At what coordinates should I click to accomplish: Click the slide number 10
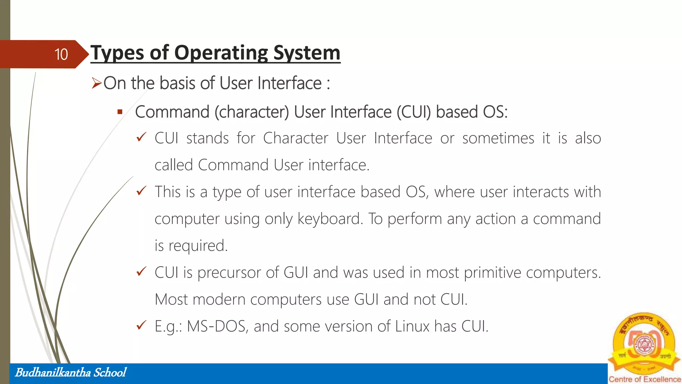coord(61,54)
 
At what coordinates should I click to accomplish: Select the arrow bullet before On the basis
coord(97,83)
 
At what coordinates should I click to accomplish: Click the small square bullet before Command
coord(120,112)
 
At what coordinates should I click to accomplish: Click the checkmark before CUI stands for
coord(142,137)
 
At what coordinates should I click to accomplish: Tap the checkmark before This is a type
coord(142,191)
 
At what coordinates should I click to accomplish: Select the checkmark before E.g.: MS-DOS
coord(142,325)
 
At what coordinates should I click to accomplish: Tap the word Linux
coord(412,326)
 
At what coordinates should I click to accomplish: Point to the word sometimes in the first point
coord(498,138)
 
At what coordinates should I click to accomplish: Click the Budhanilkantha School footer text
coord(71,372)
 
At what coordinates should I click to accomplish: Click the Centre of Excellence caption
coord(645,379)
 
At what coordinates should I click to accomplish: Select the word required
coord(198,246)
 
